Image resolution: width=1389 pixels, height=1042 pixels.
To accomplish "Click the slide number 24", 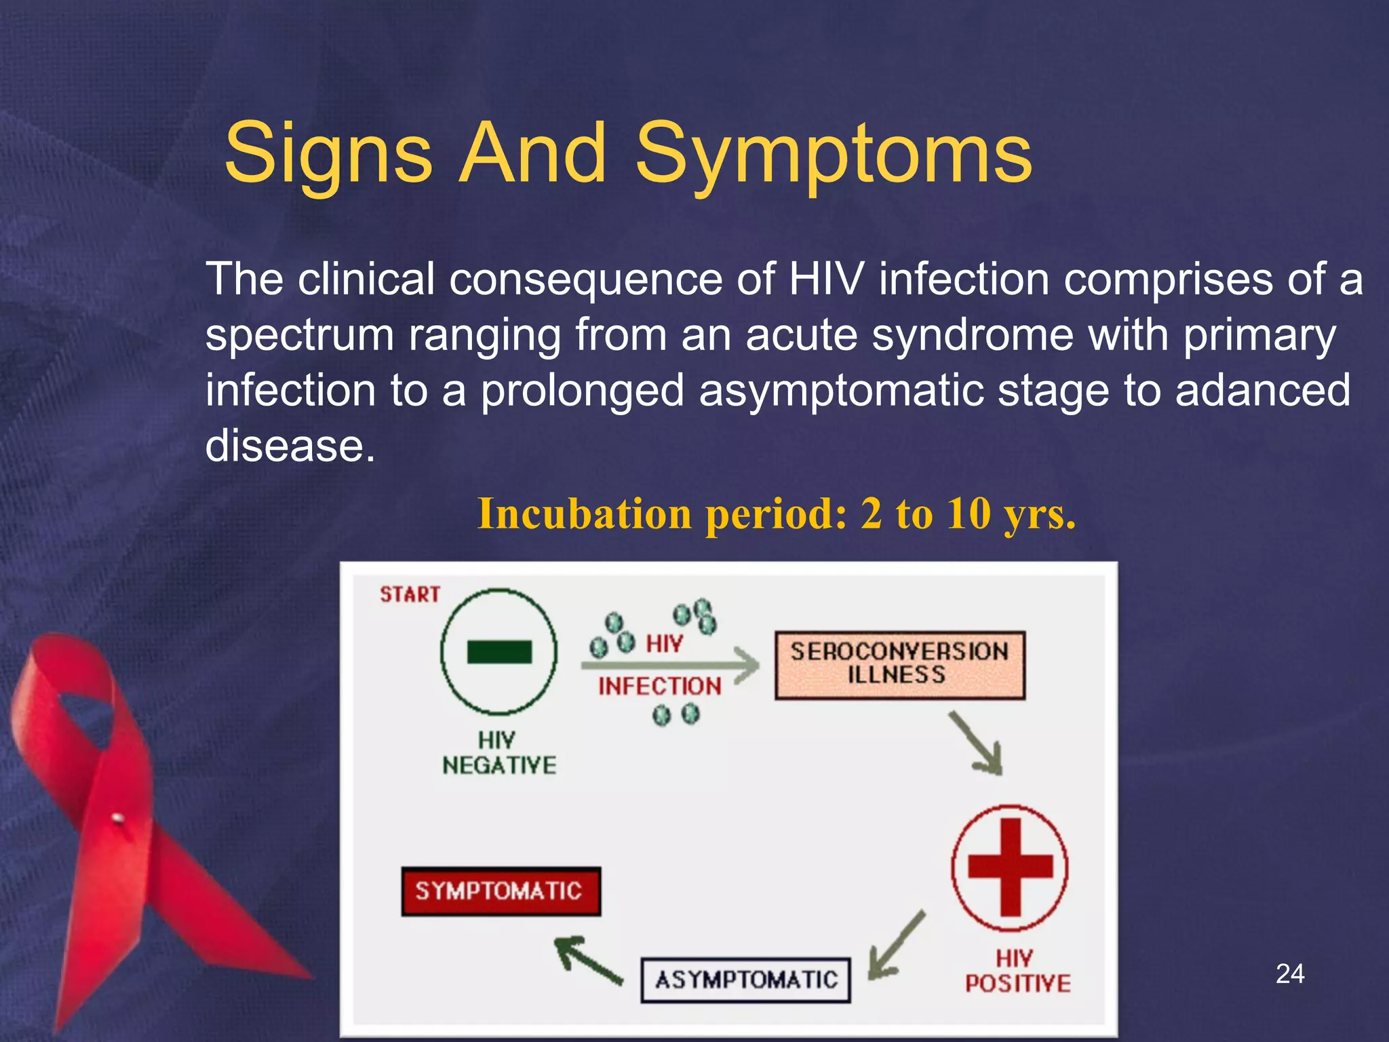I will click(x=1289, y=973).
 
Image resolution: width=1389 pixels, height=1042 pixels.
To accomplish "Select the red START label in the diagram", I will click(x=410, y=595).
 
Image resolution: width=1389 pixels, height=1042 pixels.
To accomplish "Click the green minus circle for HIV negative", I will click(x=499, y=652).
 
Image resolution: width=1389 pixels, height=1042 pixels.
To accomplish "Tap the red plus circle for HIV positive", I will click(x=1010, y=867).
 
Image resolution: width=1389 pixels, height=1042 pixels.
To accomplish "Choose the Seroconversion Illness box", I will click(x=899, y=665).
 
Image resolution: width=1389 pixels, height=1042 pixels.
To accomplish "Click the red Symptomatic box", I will click(x=501, y=891).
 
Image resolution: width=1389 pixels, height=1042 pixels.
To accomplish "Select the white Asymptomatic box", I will click(x=745, y=980).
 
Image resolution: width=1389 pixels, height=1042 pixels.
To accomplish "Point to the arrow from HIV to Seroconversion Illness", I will click(x=671, y=665).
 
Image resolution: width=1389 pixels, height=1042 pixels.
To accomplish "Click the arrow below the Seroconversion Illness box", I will click(x=976, y=744).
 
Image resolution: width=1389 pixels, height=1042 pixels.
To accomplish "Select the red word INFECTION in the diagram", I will click(x=659, y=687).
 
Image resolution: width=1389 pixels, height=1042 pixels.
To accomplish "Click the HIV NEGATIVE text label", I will click(x=498, y=753).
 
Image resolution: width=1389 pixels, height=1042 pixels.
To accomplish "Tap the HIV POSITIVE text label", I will click(x=1017, y=971).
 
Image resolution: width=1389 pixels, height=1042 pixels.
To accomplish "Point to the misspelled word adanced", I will click(x=1263, y=391).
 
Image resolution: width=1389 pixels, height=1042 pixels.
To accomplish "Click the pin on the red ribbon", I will click(x=117, y=818).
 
